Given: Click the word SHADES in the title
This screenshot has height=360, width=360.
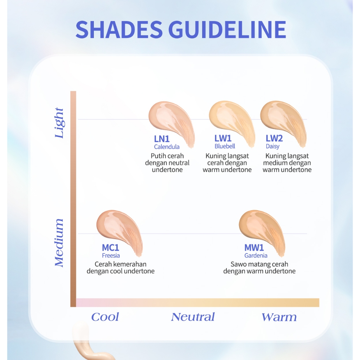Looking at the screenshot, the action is coord(119,30).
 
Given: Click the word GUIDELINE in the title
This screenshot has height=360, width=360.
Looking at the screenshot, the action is coord(227,30).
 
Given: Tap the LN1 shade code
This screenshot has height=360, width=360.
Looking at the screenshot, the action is coord(162,139).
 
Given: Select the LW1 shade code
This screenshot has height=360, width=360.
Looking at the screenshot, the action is coord(223,138).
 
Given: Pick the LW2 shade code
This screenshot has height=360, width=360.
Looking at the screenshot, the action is coord(274,138).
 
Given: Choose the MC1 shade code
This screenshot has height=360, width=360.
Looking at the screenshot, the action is coord(110,247).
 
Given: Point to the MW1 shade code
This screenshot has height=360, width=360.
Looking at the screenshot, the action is coord(254,247).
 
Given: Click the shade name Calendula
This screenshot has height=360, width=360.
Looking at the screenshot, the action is coord(167,147).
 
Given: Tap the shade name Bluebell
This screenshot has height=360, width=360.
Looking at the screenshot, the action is coord(225,146).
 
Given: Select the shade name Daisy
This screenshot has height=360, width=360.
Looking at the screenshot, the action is coord(272,146).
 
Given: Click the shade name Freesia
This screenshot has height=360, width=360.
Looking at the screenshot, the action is coord(111,255).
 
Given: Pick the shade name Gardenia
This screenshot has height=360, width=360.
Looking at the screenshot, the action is coord(256,255).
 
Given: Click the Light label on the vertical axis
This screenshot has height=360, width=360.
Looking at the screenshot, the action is coord(59,123).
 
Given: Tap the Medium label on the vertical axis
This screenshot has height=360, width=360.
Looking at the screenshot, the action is coord(59,243).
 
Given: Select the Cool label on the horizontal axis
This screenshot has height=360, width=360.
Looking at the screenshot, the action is coord(105,317).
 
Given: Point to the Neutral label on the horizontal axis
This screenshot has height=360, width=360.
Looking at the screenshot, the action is coord(193,317).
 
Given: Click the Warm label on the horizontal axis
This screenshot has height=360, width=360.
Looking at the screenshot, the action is coord(279,317).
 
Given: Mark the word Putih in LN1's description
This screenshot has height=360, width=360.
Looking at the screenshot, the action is coord(157,156).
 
